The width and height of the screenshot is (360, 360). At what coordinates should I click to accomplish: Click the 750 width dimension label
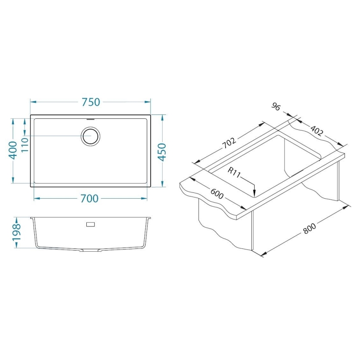pyautogui.click(x=91, y=102)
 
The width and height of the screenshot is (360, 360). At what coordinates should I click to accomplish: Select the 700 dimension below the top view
pyautogui.click(x=89, y=199)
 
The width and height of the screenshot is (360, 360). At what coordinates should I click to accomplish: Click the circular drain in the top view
pyautogui.click(x=90, y=136)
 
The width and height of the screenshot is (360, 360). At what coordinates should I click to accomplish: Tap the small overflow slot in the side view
pyautogui.click(x=90, y=224)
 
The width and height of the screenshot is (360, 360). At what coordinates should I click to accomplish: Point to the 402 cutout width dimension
pyautogui.click(x=316, y=131)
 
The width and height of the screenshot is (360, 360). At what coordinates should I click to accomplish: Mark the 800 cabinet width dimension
pyautogui.click(x=310, y=229)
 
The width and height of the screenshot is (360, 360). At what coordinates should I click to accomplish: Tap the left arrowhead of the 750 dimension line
pyautogui.click(x=32, y=102)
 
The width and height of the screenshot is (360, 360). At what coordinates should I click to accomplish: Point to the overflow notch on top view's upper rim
pyautogui.click(x=90, y=119)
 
